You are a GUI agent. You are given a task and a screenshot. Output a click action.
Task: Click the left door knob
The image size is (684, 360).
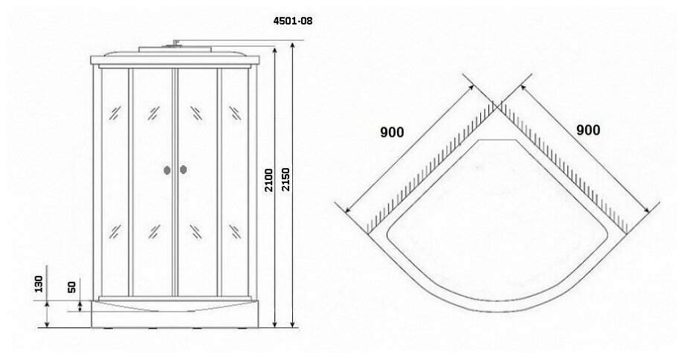click(166, 170)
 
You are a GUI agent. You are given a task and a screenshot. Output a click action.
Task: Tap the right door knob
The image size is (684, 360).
click(183, 170)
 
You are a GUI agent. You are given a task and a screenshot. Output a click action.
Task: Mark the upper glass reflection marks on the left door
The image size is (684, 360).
click(153, 113)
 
